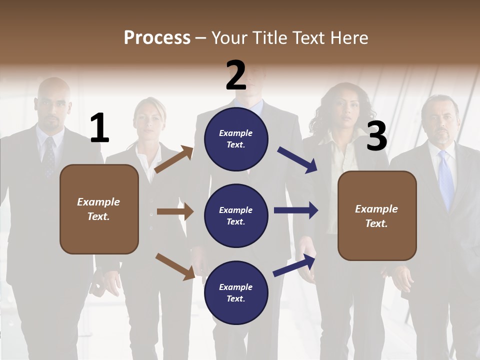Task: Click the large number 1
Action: coord(99,128)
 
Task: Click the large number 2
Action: coord(235,75)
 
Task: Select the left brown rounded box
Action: coord(99,209)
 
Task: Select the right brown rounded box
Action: coord(377,215)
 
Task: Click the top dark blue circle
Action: coord(236,138)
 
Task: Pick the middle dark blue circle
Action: coord(236,215)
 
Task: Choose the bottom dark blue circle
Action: coord(236,292)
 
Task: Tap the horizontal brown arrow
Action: coord(175,211)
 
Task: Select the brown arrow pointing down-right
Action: coord(175,266)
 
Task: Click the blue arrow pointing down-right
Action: coord(297,160)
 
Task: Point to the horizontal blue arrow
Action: coord(296,210)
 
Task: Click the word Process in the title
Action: coord(157,37)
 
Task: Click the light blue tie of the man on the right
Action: coord(445,180)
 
